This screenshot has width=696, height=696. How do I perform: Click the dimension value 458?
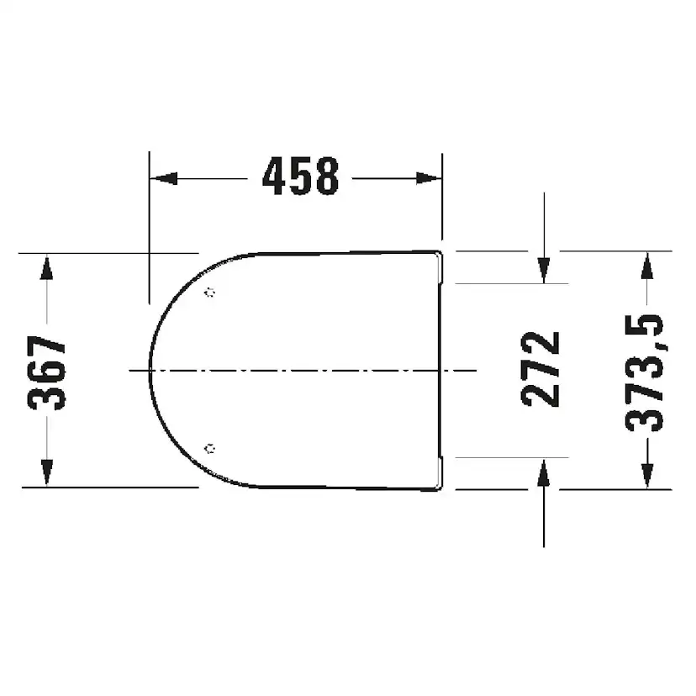click(x=300, y=177)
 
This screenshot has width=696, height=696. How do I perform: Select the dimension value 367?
click(x=46, y=372)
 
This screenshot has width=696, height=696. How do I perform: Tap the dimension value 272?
click(x=540, y=369)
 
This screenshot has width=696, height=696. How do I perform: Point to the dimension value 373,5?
click(x=644, y=372)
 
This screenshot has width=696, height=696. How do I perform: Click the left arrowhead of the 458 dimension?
click(x=164, y=178)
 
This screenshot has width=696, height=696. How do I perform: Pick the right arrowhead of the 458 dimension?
click(x=429, y=178)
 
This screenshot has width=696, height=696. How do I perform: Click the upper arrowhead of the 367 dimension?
click(x=46, y=266)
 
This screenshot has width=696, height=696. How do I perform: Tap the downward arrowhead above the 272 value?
click(x=544, y=271)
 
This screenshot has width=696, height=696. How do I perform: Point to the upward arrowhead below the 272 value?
click(x=544, y=472)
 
